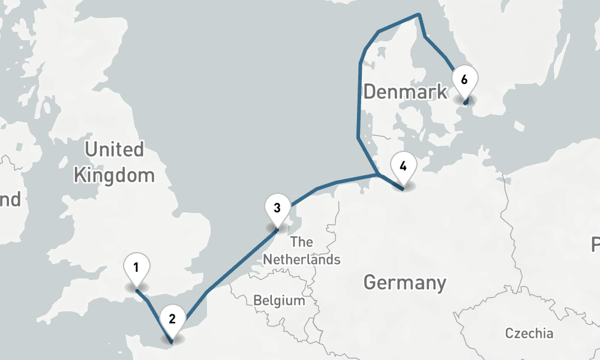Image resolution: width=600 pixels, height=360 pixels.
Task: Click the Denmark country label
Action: click(x=405, y=92)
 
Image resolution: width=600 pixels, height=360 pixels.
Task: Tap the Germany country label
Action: click(x=405, y=282)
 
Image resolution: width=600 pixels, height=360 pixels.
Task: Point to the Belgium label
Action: click(x=279, y=300)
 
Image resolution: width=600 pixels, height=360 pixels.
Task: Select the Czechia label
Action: click(x=529, y=334)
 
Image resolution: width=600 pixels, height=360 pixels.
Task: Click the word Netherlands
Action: click(x=302, y=260)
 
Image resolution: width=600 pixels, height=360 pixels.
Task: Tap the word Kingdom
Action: click(x=113, y=176)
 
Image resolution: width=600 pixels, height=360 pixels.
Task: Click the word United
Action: click(x=114, y=149)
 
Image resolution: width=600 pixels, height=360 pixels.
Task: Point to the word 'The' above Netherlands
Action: click(x=301, y=242)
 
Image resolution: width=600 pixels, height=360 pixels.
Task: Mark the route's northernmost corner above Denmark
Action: click(x=419, y=14)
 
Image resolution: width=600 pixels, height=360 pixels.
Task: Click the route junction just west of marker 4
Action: click(x=377, y=175)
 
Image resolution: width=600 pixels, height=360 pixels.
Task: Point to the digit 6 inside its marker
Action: click(x=464, y=79)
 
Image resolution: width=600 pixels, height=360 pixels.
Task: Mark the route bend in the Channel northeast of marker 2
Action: click(x=206, y=292)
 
